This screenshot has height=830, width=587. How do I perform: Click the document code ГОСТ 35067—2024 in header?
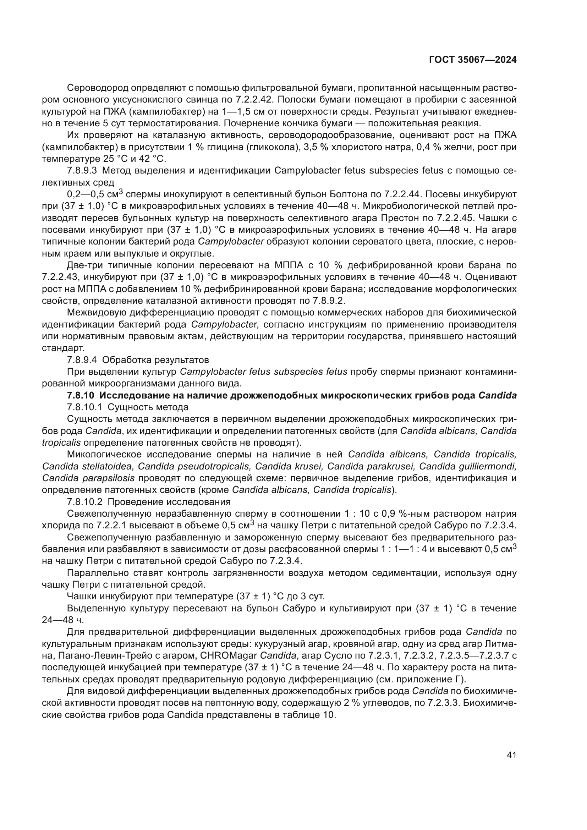click(472, 60)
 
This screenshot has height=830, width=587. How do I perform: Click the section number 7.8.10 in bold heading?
click(82, 395)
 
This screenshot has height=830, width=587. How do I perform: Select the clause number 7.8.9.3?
click(82, 171)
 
